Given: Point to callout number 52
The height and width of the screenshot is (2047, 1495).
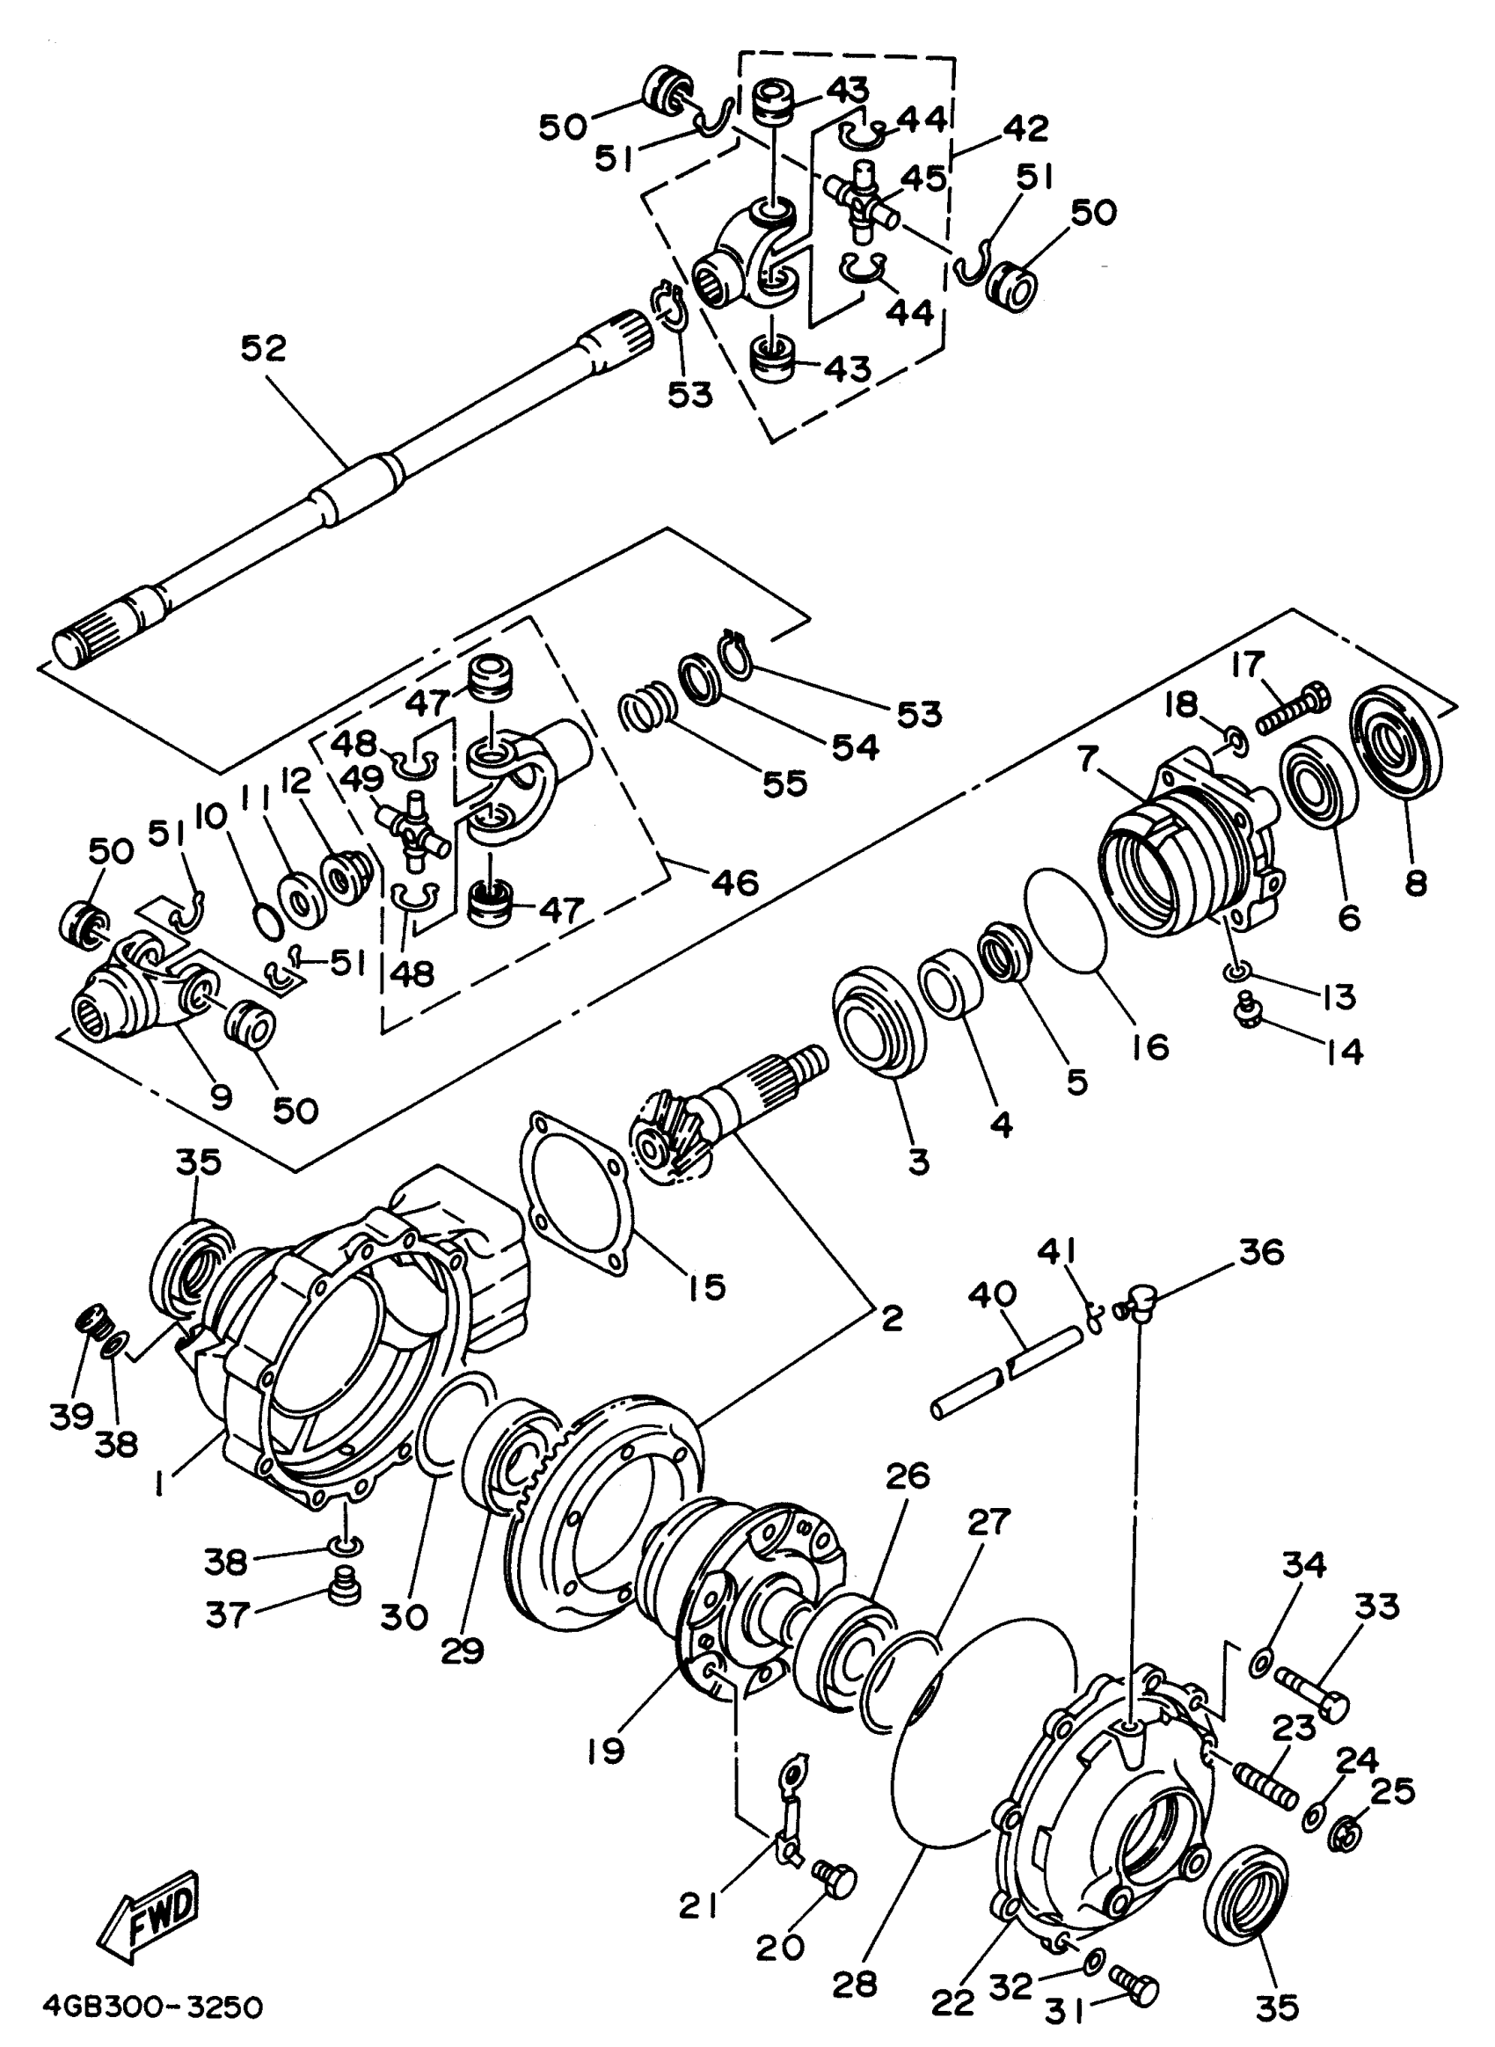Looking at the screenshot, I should [x=263, y=348].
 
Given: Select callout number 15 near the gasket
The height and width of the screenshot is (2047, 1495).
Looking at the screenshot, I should [x=707, y=1286].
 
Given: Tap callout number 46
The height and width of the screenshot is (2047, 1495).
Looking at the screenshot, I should [x=735, y=880].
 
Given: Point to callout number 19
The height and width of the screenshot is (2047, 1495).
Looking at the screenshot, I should [x=604, y=1750].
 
